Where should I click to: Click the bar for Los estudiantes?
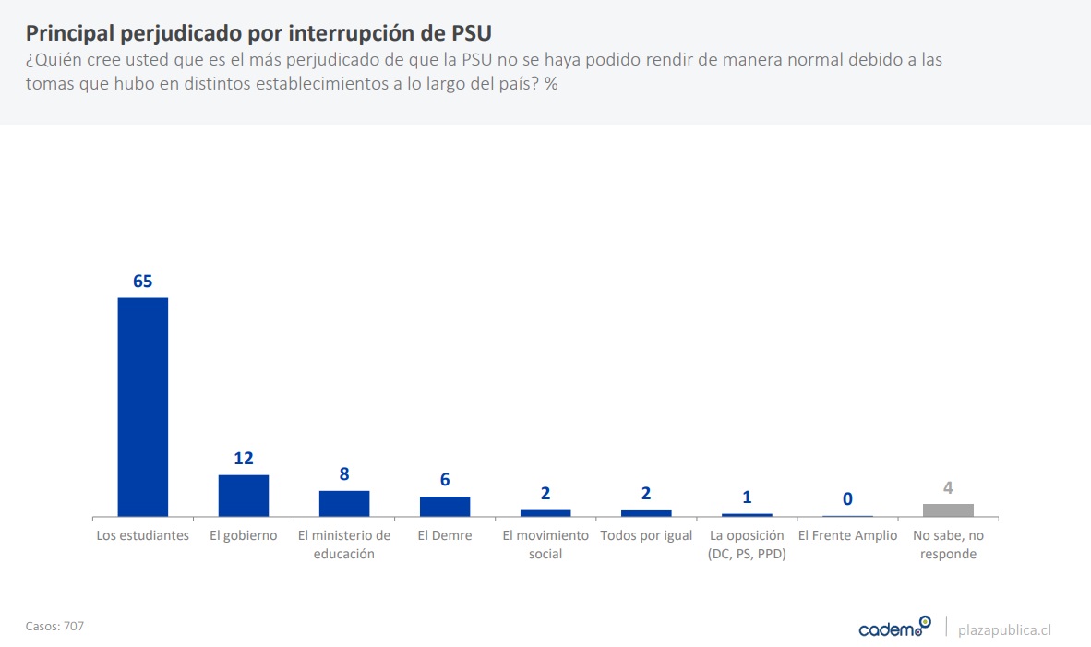(x=143, y=406)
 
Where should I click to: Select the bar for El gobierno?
(x=244, y=496)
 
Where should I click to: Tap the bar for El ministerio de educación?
(x=344, y=503)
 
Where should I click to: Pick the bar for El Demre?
(x=445, y=506)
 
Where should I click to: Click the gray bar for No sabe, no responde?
(x=948, y=509)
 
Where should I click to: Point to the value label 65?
(x=142, y=282)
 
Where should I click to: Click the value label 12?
(x=244, y=459)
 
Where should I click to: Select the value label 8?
(x=344, y=474)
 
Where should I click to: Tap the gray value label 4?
(x=948, y=488)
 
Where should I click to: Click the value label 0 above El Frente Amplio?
(x=847, y=499)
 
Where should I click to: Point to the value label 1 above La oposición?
(x=747, y=497)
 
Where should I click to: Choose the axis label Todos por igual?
(x=646, y=536)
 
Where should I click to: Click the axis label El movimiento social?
(x=545, y=545)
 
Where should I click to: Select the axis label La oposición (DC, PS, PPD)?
(x=747, y=545)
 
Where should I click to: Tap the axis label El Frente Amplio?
(x=847, y=536)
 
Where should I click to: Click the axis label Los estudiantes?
(x=143, y=536)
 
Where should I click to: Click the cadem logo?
(x=894, y=628)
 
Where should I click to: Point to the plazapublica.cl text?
(x=1004, y=629)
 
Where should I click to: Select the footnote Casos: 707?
(x=54, y=626)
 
